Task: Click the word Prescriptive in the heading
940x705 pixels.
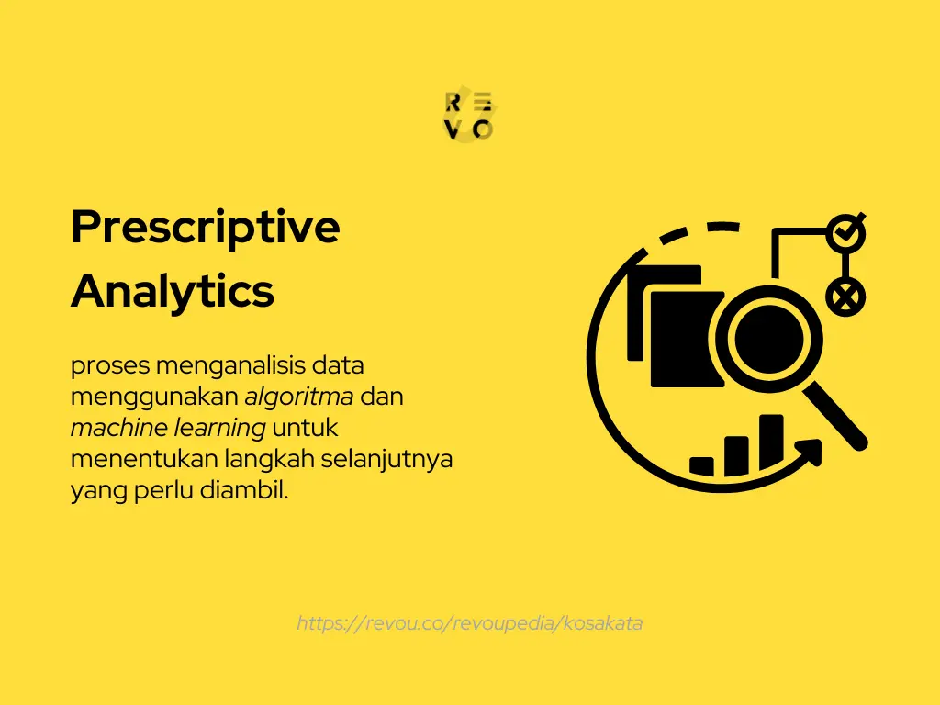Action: click(205, 228)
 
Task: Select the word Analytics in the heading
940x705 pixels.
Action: click(172, 292)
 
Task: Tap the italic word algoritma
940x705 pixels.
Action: click(299, 397)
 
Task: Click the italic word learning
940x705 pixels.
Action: click(219, 428)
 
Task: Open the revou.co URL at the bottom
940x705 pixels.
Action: click(470, 623)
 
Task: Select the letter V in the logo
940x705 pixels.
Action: click(453, 129)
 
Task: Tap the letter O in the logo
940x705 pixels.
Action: click(484, 129)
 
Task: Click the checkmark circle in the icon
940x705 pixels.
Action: click(844, 233)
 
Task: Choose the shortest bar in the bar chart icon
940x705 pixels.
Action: click(702, 465)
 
